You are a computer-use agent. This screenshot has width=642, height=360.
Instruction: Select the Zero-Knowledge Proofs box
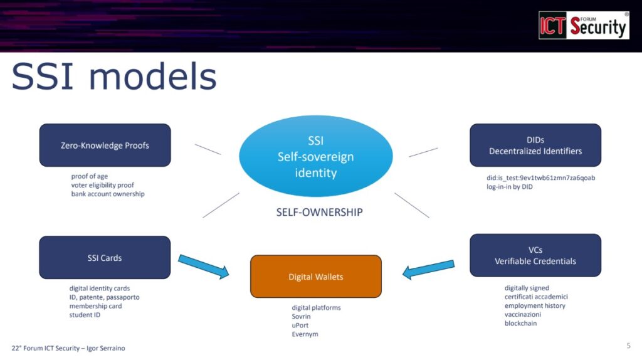[x=105, y=145]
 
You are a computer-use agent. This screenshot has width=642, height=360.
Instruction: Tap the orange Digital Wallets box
[x=316, y=276]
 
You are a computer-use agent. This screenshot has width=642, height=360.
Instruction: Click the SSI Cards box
[x=105, y=257]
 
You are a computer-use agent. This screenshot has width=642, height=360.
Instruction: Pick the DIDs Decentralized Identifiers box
[x=535, y=145]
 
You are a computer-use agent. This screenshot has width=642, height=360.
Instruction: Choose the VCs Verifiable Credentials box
[x=535, y=255]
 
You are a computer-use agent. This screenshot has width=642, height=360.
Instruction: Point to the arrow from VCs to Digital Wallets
[x=428, y=268]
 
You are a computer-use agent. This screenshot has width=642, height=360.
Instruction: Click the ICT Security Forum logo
[x=584, y=25]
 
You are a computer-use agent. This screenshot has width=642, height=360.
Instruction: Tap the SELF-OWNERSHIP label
[x=319, y=212]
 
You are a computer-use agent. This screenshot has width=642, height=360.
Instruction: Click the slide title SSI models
[x=114, y=77]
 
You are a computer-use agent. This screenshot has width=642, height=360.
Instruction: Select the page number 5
[x=628, y=346]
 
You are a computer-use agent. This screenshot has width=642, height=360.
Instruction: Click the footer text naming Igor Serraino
[x=68, y=347]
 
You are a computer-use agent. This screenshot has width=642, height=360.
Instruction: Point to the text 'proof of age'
[x=90, y=176]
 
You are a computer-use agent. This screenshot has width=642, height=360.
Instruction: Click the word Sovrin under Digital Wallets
[x=302, y=317]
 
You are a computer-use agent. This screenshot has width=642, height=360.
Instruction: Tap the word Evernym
[x=305, y=334]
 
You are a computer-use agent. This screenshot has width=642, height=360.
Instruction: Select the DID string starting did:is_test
[x=536, y=177]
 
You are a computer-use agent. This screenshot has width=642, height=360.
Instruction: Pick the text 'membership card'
[x=95, y=306]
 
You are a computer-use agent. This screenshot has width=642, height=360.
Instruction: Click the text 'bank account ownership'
[x=108, y=194]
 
